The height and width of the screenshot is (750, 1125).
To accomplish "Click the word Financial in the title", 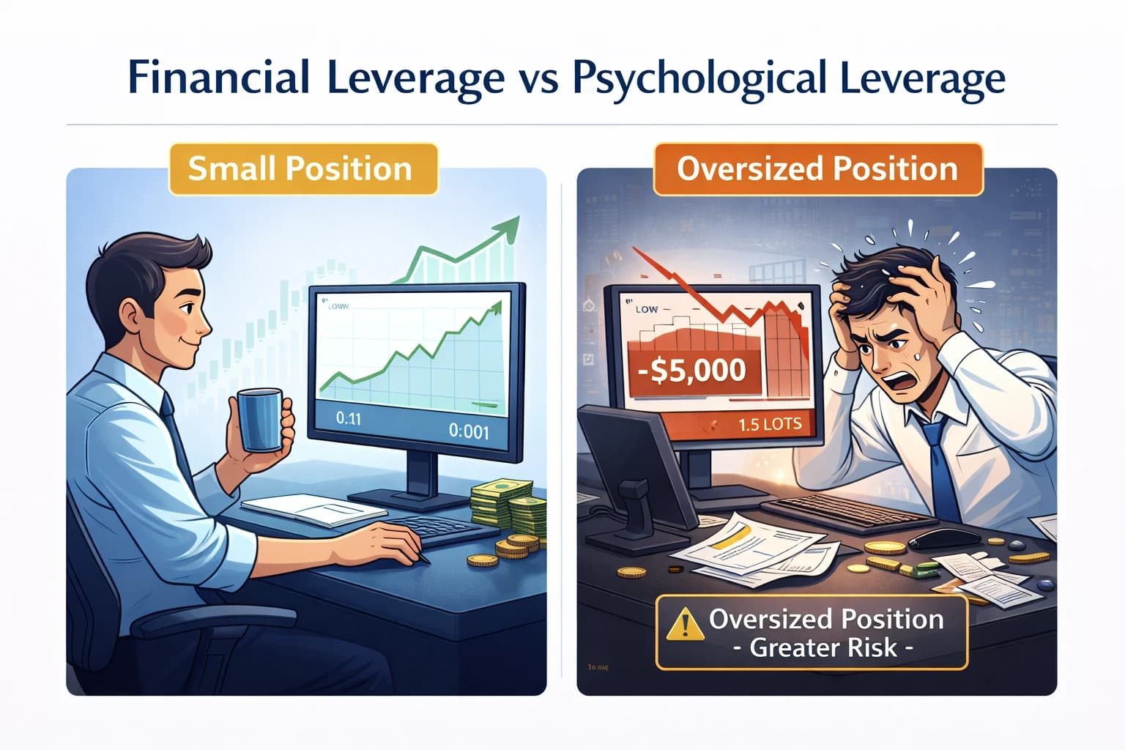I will pos(218,78).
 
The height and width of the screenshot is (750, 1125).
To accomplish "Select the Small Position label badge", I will pos(300,169).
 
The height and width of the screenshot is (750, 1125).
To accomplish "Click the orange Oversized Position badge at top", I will pos(817,169).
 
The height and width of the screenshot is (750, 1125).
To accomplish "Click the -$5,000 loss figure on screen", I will pos(691,370).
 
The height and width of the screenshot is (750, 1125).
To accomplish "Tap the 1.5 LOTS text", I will pos(770,424).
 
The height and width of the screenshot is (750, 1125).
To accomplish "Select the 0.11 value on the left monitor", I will pos(348,419).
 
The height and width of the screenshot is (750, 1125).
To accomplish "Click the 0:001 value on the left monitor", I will pos(468,431).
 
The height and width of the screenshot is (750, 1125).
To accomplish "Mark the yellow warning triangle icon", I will pos(686,623).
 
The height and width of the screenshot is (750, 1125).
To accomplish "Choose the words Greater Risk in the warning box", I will pos(824,647).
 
